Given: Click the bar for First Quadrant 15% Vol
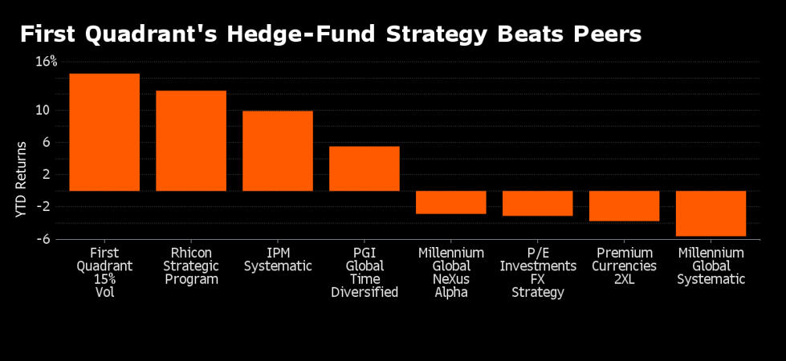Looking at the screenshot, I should pyautogui.click(x=104, y=132).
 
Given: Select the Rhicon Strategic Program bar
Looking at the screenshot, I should pyautogui.click(x=191, y=140).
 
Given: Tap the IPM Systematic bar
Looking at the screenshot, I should pyautogui.click(x=278, y=151).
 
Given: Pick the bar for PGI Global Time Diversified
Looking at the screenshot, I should pyautogui.click(x=364, y=168).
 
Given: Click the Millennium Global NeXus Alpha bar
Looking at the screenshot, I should pyautogui.click(x=450, y=202).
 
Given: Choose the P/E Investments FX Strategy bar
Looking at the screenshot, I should pyautogui.click(x=537, y=203).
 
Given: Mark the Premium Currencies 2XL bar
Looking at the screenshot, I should pyautogui.click(x=624, y=205).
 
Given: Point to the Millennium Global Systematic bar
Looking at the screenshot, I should pyautogui.click(x=711, y=213).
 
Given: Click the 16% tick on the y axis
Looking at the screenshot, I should pyautogui.click(x=46, y=61).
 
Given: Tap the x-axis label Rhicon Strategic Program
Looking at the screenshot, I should pyautogui.click(x=191, y=266).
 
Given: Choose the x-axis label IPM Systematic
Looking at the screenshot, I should pyautogui.click(x=278, y=259).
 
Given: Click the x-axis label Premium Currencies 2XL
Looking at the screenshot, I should pyautogui.click(x=624, y=266).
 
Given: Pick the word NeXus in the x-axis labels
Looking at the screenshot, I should pyautogui.click(x=450, y=279).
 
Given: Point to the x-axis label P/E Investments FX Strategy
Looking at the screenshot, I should pyautogui.click(x=537, y=273).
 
